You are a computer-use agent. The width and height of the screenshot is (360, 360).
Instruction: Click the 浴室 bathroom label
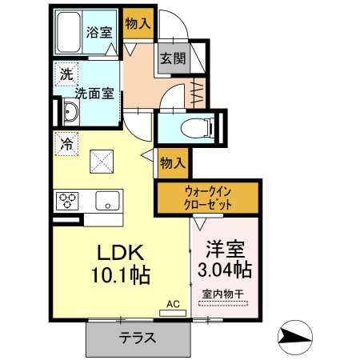[101, 34]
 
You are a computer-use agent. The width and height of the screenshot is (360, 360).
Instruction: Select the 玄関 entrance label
[172, 58]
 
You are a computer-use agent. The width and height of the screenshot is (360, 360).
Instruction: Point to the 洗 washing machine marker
[64, 75]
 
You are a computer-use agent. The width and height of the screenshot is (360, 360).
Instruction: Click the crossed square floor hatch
[102, 162]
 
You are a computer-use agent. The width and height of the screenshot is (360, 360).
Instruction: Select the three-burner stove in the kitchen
[66, 199]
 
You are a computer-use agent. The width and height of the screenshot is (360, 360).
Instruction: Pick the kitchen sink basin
[106, 199]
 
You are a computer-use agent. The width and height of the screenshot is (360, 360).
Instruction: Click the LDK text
[121, 253]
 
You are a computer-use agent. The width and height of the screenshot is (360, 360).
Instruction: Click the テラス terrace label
[138, 338]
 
